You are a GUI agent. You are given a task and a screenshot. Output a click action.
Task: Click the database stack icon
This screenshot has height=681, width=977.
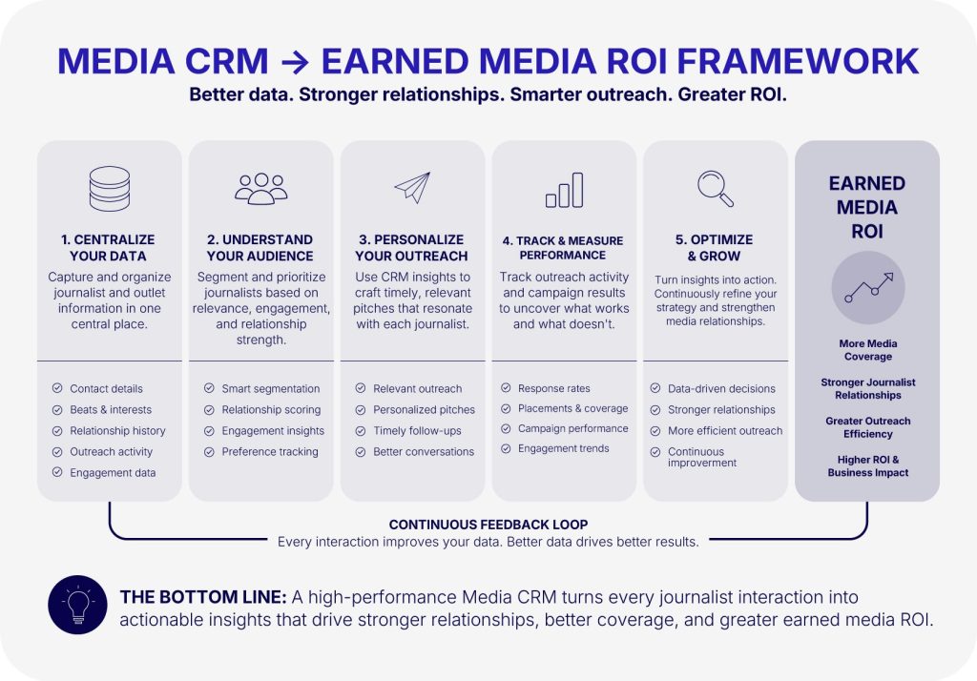[x=110, y=188]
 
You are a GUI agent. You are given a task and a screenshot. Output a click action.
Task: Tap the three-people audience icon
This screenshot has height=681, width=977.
[x=261, y=189]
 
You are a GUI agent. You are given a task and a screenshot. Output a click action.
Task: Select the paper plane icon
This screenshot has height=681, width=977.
[x=412, y=188]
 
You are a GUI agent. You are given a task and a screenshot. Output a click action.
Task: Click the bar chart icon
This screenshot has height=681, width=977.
[x=565, y=190]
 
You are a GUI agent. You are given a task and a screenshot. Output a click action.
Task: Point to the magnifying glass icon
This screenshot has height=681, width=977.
[x=716, y=188]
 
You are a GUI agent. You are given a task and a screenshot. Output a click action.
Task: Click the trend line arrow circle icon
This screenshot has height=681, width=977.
[x=868, y=287]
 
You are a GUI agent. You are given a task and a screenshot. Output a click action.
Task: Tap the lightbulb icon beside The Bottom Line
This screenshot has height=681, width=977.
[x=78, y=605]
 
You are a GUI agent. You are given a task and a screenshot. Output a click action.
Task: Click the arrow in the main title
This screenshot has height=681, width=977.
[x=295, y=62]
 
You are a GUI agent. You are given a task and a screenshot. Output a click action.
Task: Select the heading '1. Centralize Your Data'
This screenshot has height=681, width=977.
[x=109, y=247]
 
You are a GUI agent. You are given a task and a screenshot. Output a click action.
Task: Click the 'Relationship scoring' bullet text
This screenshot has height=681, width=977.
[x=271, y=409]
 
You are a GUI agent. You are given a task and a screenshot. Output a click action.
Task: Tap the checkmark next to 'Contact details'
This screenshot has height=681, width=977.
[x=57, y=388]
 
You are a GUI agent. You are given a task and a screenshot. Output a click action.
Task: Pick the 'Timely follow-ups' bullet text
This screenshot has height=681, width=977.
[x=417, y=430]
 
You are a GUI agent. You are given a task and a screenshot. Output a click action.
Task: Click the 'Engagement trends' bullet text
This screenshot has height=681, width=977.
[x=563, y=448]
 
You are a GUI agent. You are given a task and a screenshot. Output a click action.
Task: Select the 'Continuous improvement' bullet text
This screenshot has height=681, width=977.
[x=701, y=457]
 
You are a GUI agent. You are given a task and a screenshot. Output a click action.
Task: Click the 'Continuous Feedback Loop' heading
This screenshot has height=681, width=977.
[x=488, y=525]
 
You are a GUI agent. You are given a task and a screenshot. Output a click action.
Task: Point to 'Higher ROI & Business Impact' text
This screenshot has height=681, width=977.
[x=868, y=466]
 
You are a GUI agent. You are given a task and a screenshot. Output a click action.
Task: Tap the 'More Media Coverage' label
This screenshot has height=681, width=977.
[x=868, y=350]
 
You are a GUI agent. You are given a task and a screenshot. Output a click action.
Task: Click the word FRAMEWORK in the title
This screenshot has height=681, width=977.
[x=798, y=61]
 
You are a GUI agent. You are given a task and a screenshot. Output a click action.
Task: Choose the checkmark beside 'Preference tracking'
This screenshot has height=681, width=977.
[x=209, y=452]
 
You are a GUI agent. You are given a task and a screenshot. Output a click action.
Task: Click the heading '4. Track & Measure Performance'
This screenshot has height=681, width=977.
[x=563, y=247]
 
